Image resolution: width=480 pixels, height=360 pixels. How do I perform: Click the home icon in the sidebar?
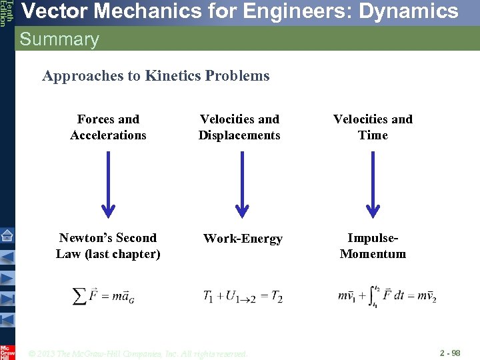(7, 235)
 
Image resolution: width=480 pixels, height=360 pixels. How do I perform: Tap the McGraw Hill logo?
(7, 351)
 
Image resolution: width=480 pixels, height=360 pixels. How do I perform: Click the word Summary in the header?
(59, 39)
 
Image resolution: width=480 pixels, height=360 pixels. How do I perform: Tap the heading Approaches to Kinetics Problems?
(156, 76)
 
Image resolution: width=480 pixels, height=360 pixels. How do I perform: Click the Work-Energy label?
(243, 239)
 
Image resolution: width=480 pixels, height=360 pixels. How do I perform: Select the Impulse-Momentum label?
(373, 246)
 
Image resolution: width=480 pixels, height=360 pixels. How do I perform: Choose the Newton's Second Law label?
(108, 246)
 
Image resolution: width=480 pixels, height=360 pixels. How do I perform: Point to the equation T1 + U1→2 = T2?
(243, 297)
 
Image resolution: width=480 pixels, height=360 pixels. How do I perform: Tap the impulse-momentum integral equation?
(387, 296)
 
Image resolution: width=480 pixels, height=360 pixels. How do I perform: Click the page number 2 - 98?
(449, 352)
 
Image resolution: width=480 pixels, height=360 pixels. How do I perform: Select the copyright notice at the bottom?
(138, 353)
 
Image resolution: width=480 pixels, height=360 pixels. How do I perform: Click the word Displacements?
(239, 135)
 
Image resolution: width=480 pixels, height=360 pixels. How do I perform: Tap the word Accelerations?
(108, 135)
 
